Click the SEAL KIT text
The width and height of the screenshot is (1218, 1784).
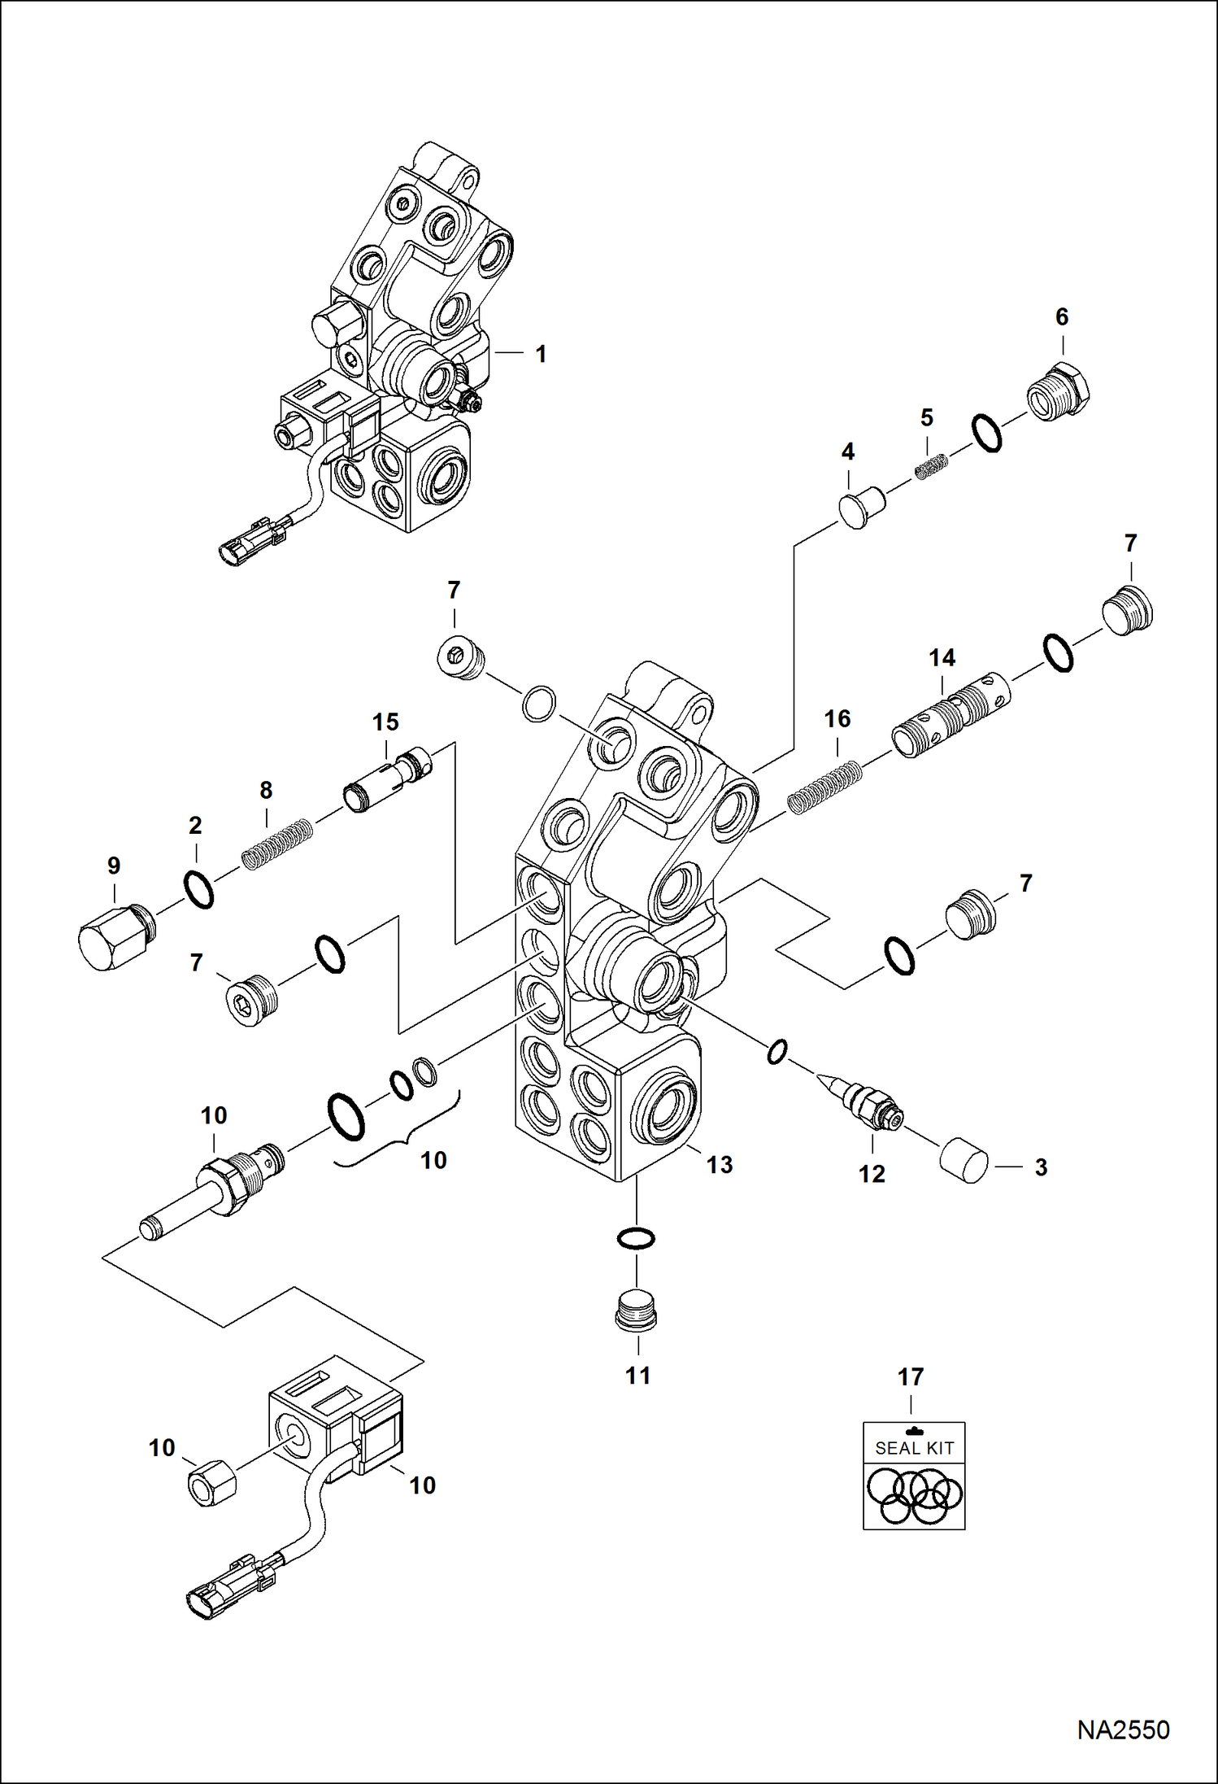[914, 1448]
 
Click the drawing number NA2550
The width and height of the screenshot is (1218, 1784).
[1123, 1729]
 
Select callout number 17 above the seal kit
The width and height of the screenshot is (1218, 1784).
[910, 1377]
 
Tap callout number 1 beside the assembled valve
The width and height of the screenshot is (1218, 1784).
[541, 354]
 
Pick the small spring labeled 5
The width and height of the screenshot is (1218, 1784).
[933, 467]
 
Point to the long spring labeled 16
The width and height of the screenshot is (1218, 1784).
[824, 787]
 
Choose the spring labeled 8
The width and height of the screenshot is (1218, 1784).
[277, 844]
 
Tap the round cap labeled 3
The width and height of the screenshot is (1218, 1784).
[964, 1160]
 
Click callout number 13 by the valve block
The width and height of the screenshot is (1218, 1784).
[719, 1165]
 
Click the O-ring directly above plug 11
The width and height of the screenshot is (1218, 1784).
[635, 1239]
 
